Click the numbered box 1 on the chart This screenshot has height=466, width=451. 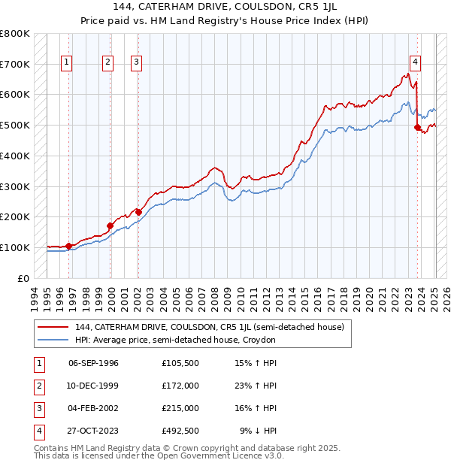[x=67, y=62]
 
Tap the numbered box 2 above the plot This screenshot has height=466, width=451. [x=108, y=62]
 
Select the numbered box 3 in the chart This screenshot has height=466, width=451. [x=136, y=62]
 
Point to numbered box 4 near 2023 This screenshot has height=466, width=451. [x=415, y=62]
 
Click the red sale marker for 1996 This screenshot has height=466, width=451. [x=68, y=246]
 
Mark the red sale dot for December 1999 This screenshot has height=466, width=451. [x=110, y=225]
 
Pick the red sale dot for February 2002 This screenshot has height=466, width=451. [x=138, y=212]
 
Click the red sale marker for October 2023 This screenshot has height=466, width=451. [x=417, y=127]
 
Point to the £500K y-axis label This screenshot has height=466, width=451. [x=15, y=126]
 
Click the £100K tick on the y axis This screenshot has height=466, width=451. [x=15, y=247]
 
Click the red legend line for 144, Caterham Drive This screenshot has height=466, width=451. [x=53, y=327]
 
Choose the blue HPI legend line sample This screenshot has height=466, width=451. [x=53, y=340]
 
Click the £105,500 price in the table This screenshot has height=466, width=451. [x=180, y=363]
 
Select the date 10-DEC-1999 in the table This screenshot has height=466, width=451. [x=93, y=386]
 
